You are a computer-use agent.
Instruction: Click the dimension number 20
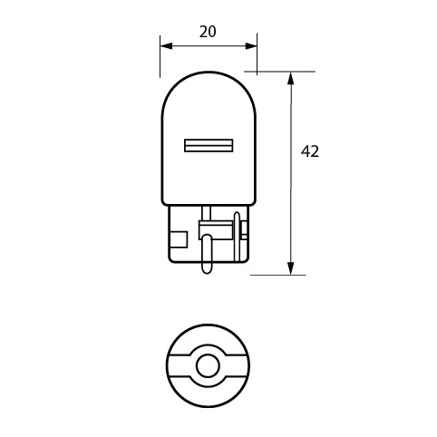click(x=207, y=32)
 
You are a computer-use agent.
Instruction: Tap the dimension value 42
click(x=310, y=151)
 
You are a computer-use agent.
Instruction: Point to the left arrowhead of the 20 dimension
click(x=165, y=44)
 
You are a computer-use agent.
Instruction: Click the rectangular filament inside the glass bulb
click(x=209, y=145)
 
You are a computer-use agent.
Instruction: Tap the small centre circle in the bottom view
click(x=208, y=367)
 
